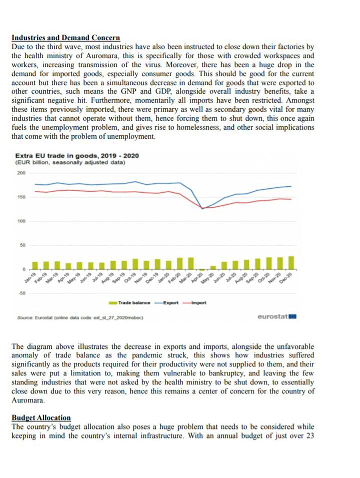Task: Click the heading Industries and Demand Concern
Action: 65,38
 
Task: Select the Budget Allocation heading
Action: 41,417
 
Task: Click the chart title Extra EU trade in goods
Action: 77,156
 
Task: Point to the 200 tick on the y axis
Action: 21,173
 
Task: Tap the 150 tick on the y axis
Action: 21,197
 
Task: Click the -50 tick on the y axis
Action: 21,293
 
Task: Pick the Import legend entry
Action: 194,302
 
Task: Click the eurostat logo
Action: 277,316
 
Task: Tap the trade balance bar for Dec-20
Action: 291,262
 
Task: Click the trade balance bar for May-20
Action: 213,267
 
